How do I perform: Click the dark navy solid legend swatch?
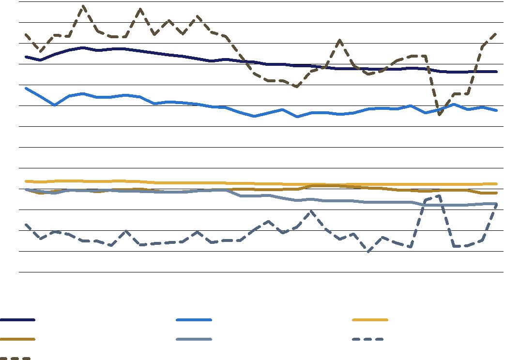pyautogui.click(x=17, y=320)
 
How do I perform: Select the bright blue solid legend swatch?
pyautogui.click(x=194, y=320)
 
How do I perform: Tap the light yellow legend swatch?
pyautogui.click(x=370, y=320)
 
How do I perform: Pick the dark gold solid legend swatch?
pyautogui.click(x=17, y=339)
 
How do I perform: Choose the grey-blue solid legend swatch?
pyautogui.click(x=194, y=339)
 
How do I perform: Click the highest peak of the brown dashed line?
pyautogui.click(x=83, y=6)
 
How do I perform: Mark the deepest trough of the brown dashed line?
pyautogui.click(x=439, y=115)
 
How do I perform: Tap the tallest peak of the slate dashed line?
pyautogui.click(x=439, y=195)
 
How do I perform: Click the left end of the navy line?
pyautogui.click(x=26, y=57)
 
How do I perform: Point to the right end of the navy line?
pyautogui.click(x=497, y=72)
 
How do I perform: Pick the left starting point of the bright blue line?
pyautogui.click(x=26, y=88)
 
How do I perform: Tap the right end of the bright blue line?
pyautogui.click(x=497, y=110)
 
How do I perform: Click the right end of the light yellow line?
pyautogui.click(x=497, y=184)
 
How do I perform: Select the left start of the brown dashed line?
pyautogui.click(x=26, y=34)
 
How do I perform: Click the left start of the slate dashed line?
pyautogui.click(x=26, y=225)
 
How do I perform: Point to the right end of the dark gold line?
pyautogui.click(x=497, y=193)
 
